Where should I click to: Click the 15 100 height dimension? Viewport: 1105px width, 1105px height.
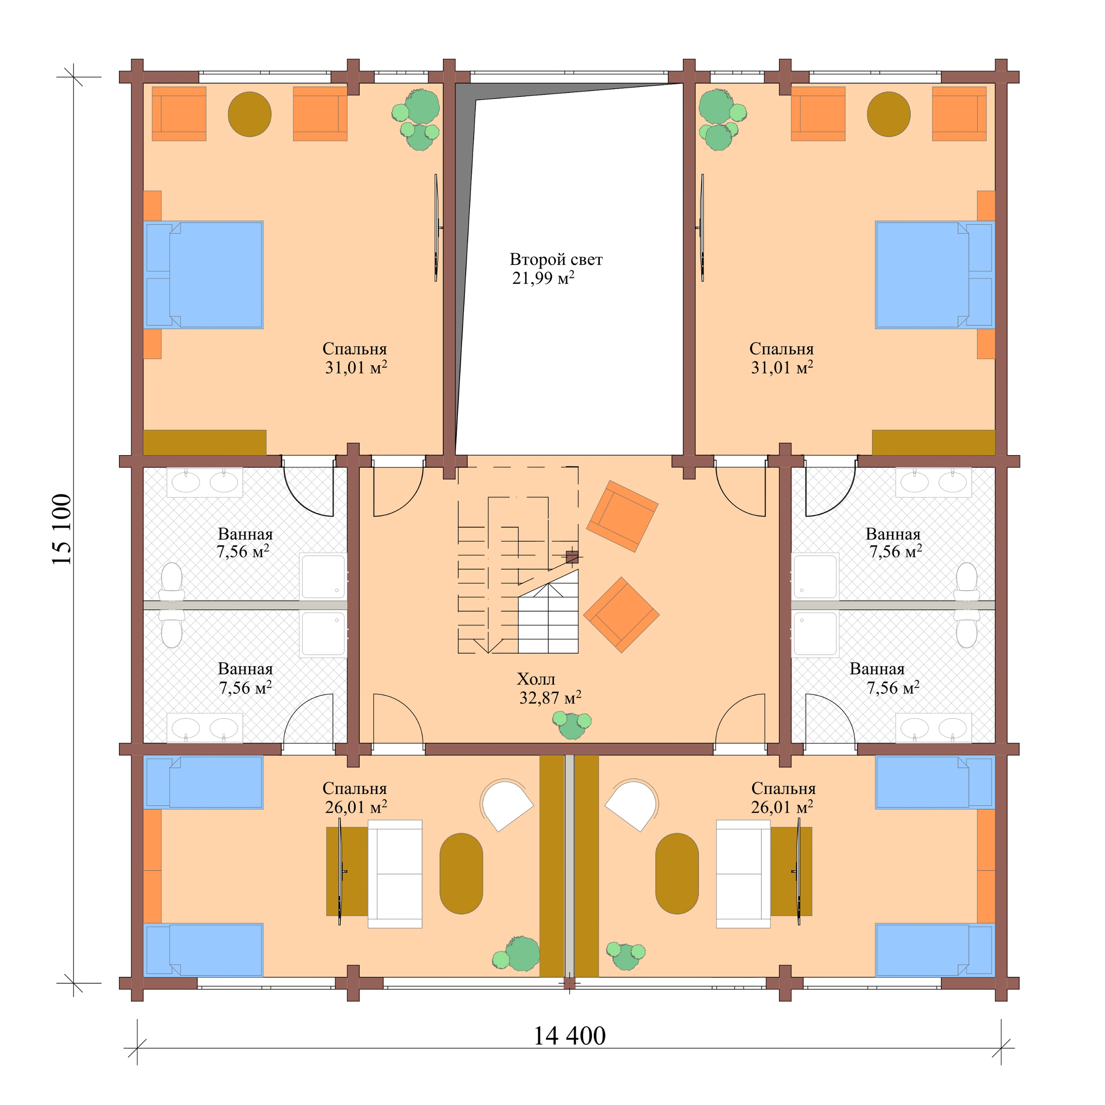pyautogui.click(x=62, y=529)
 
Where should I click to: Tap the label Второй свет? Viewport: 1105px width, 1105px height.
pyautogui.click(x=556, y=260)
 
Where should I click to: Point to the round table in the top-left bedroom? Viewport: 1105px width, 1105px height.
pyautogui.click(x=249, y=115)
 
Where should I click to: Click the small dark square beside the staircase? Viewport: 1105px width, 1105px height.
pyautogui.click(x=571, y=557)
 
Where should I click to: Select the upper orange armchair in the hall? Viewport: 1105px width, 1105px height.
pyautogui.click(x=622, y=516)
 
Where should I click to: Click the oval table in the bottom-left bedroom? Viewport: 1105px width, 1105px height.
pyautogui.click(x=461, y=873)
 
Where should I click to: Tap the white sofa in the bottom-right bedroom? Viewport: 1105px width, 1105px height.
pyautogui.click(x=743, y=873)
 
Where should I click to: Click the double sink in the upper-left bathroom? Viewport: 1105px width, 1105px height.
pyautogui.click(x=205, y=482)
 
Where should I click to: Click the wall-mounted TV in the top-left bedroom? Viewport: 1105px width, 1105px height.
pyautogui.click(x=436, y=228)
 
